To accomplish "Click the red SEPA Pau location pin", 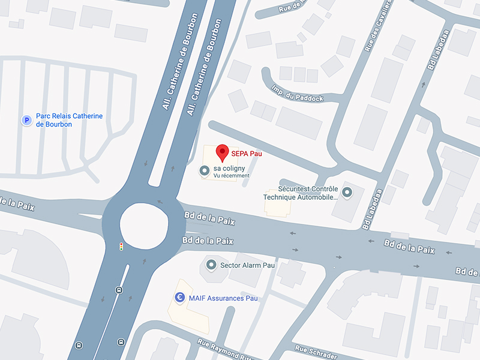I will pos(222,152).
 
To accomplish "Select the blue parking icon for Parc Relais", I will pos(26,121).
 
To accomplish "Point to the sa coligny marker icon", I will pos(204,171).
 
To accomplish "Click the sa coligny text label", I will pos(230,169).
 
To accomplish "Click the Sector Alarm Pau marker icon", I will pos(211,265).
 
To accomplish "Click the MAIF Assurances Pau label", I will pos(223,298).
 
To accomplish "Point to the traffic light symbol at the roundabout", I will pos(121,246).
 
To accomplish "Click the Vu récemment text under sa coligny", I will pos(230,176).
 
